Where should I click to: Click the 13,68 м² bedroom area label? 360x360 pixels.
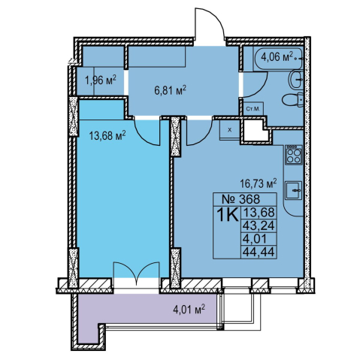click(x=107, y=136)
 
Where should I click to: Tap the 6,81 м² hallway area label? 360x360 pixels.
click(x=171, y=90)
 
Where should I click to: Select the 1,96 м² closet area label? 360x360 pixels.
click(x=101, y=80)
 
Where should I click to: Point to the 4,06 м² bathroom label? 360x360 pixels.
click(x=277, y=57)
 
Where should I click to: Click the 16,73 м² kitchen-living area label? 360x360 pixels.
click(x=259, y=183)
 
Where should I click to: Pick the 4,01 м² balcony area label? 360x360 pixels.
click(x=189, y=310)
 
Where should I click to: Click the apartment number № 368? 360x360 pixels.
click(x=241, y=199)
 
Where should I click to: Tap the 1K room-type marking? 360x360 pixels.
click(x=227, y=215)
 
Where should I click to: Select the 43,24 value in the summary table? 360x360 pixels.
click(x=259, y=225)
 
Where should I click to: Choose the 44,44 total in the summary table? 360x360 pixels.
click(x=259, y=252)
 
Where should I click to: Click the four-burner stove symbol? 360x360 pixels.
click(x=294, y=155)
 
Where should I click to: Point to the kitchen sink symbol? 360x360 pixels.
click(x=294, y=190)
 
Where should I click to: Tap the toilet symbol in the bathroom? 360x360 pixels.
click(x=292, y=100)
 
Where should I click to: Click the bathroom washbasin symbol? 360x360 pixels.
click(x=297, y=80)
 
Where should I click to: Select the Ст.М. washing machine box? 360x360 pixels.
click(x=253, y=109)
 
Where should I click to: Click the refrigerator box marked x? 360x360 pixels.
click(x=229, y=130)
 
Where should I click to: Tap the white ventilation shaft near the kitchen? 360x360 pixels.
click(x=256, y=131)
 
